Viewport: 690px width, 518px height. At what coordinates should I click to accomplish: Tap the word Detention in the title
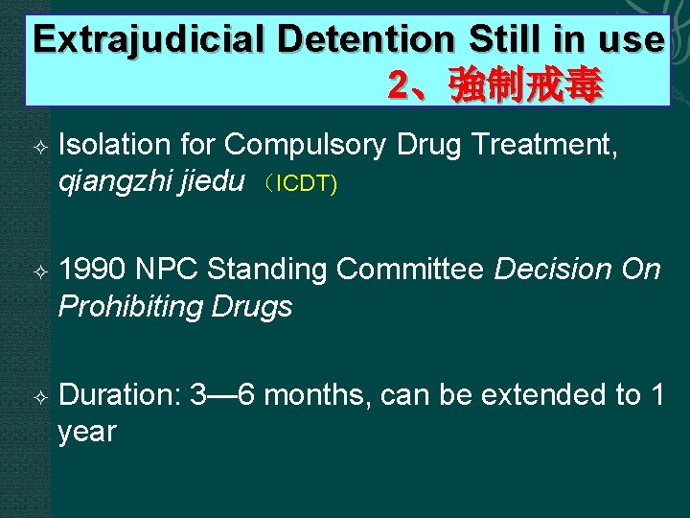point(363,39)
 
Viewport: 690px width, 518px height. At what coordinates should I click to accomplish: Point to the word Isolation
point(114,145)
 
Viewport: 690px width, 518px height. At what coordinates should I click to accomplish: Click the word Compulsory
point(305,145)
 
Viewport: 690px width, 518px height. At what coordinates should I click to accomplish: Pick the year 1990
point(93,271)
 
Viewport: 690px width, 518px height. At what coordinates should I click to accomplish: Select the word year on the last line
point(87,432)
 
